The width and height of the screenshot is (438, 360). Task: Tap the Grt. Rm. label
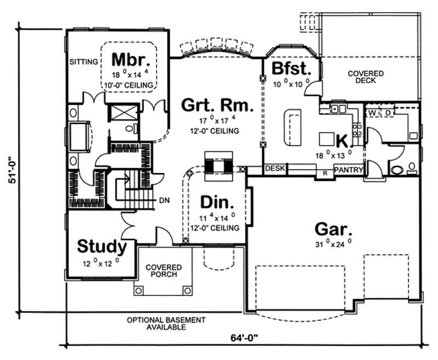point(217,105)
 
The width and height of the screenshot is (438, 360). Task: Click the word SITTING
point(83,62)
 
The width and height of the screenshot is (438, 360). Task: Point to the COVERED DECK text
point(366,77)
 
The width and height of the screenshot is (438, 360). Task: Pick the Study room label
point(102,246)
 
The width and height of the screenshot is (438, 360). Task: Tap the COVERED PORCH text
point(163,271)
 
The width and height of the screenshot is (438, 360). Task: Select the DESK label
point(274,169)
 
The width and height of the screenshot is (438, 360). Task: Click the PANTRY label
point(348,170)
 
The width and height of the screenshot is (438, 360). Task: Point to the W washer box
point(372,113)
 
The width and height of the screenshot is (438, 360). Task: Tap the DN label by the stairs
point(163,200)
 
